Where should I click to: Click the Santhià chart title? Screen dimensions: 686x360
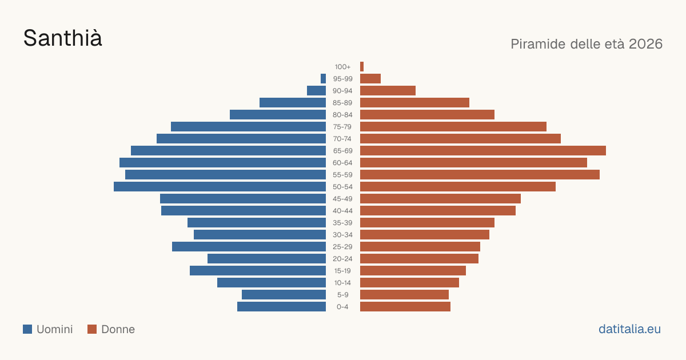point(62,38)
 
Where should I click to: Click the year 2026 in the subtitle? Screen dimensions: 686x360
point(645,44)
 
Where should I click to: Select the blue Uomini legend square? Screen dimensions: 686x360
point(27,329)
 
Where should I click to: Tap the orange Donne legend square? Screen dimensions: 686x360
point(92,329)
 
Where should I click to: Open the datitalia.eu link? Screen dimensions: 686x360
point(629,329)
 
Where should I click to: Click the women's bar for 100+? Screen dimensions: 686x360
point(362,66)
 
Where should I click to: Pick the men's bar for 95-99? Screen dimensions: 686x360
point(323,78)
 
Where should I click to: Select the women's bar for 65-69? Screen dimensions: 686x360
point(483,151)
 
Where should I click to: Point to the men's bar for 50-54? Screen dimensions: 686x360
point(220,186)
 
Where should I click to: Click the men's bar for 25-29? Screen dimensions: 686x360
point(249,246)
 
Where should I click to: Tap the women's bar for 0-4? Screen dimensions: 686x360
point(405,306)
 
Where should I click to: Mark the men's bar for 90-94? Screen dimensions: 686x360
point(316,91)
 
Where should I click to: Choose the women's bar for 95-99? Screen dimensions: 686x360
point(370,78)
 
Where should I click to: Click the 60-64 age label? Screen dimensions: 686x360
point(342,162)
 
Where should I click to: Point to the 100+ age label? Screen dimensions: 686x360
point(342,67)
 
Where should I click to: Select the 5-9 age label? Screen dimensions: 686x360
point(342,295)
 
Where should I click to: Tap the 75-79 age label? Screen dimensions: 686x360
point(342,127)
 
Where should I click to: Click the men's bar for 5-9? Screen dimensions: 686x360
point(284,294)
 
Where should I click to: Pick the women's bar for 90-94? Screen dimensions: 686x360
point(388,91)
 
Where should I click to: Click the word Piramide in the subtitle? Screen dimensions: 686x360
point(538,44)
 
